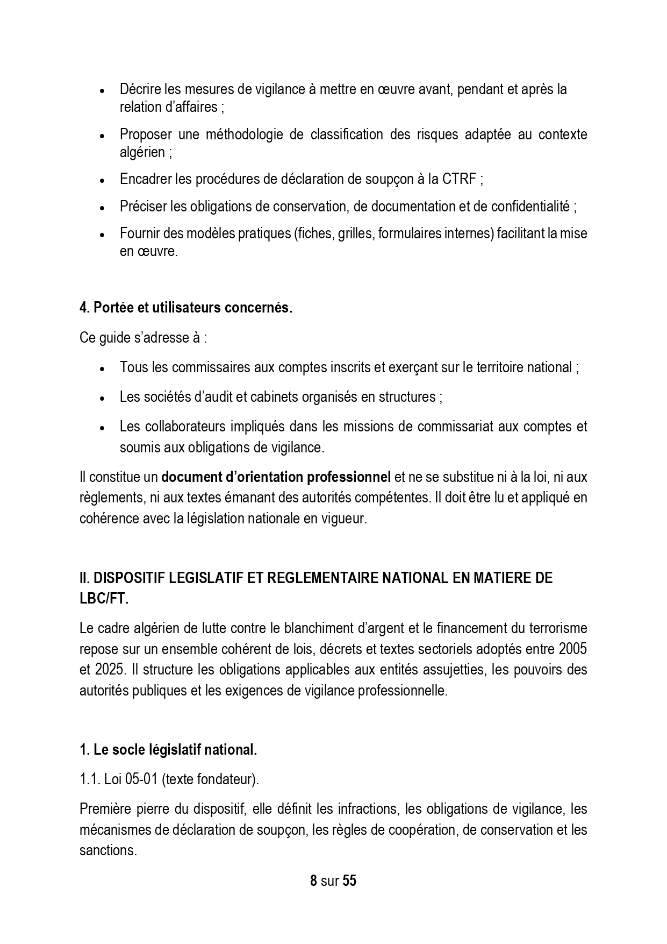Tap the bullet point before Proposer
[x=102, y=136]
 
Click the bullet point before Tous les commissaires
[x=102, y=369]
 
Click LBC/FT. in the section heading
[x=104, y=599]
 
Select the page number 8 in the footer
[x=313, y=881]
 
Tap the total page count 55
[x=349, y=881]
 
